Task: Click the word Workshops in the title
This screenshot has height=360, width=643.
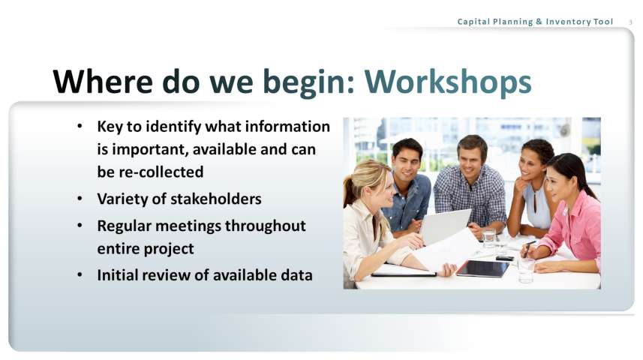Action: pyautogui.click(x=448, y=82)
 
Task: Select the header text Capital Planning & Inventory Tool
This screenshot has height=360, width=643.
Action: pyautogui.click(x=535, y=22)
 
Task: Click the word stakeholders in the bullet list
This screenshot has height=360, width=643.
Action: pyautogui.click(x=216, y=199)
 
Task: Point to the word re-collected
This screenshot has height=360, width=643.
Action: pyautogui.click(x=161, y=172)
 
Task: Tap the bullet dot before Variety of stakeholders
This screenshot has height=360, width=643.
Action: pyautogui.click(x=80, y=199)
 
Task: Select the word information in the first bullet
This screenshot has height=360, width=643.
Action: pyautogui.click(x=287, y=127)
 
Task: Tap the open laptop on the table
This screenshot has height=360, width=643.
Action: pyautogui.click(x=445, y=226)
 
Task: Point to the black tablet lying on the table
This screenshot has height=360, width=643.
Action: pyautogui.click(x=483, y=268)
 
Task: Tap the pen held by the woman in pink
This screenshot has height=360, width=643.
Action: pyautogui.click(x=528, y=249)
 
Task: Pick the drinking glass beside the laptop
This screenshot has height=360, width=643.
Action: pyautogui.click(x=489, y=238)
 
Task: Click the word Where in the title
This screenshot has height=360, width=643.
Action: pyautogui.click(x=103, y=82)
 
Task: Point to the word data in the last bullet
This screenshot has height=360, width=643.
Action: pyautogui.click(x=296, y=275)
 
